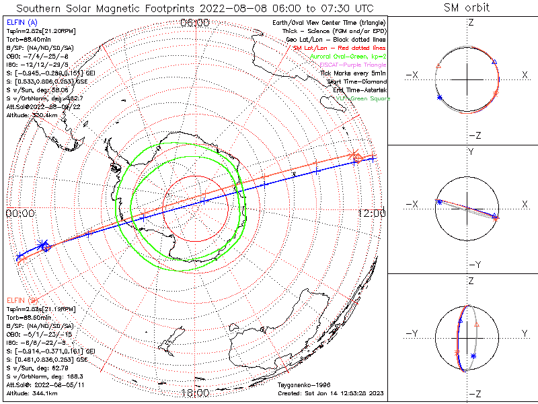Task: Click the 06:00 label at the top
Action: click(195, 23)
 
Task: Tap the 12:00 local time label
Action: click(372, 213)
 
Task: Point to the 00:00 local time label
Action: click(20, 213)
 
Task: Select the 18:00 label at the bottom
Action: click(195, 393)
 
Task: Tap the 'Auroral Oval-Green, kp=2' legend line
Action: click(347, 57)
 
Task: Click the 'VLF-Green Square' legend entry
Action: click(360, 99)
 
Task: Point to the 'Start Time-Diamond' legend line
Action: click(354, 81)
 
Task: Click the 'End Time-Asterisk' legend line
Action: click(356, 90)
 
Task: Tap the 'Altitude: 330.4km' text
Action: click(32, 115)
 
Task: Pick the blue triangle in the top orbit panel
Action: click(494, 62)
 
